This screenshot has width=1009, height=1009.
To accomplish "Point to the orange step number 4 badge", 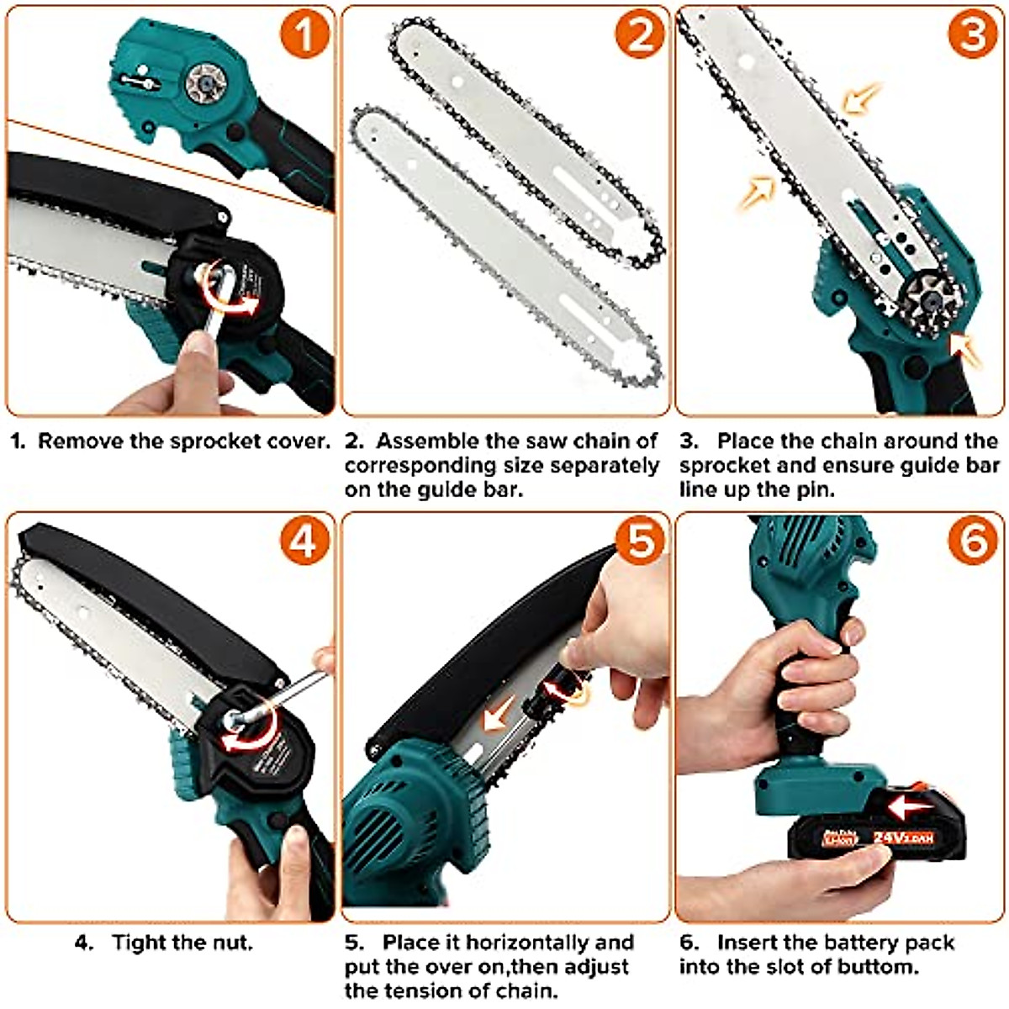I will [304, 541].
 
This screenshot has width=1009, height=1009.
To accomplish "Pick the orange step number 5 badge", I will [639, 541].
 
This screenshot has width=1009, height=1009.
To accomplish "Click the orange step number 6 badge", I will [974, 541].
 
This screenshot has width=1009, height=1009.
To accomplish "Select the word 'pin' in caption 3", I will [814, 489].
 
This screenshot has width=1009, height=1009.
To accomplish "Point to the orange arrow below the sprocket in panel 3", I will [965, 351].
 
